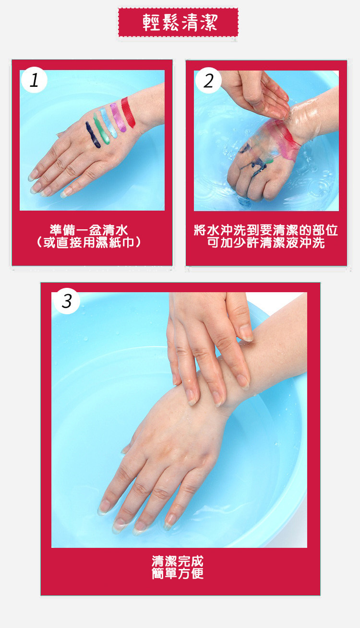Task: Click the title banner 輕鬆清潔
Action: tap(178, 22)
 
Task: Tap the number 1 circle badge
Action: tap(34, 80)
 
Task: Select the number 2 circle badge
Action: tap(208, 81)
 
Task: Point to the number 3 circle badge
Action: tap(67, 301)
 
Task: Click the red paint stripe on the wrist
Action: tap(128, 112)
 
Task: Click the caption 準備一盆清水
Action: tap(89, 230)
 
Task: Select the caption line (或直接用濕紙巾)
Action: tap(89, 243)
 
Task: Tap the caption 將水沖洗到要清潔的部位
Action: tap(266, 230)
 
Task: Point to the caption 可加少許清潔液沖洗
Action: tap(266, 243)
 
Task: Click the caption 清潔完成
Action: tap(178, 561)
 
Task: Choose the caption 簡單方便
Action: tap(178, 574)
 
